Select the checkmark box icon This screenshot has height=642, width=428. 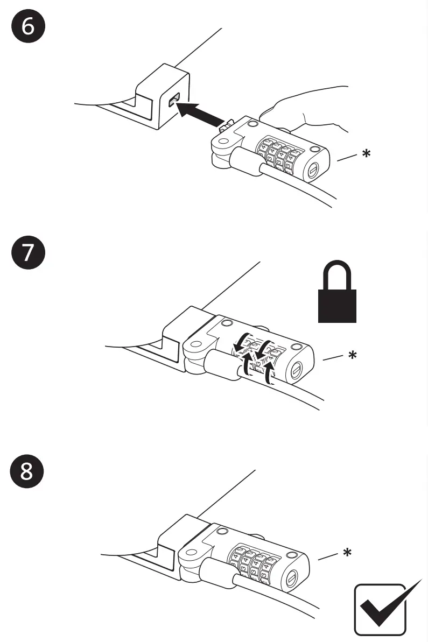tap(383, 609)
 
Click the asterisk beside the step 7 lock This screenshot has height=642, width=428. tap(352, 356)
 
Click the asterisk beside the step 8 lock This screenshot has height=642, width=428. tap(348, 553)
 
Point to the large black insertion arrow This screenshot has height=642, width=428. tap(202, 113)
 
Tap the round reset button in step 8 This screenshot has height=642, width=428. tap(292, 578)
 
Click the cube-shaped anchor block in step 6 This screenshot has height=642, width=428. tap(162, 97)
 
